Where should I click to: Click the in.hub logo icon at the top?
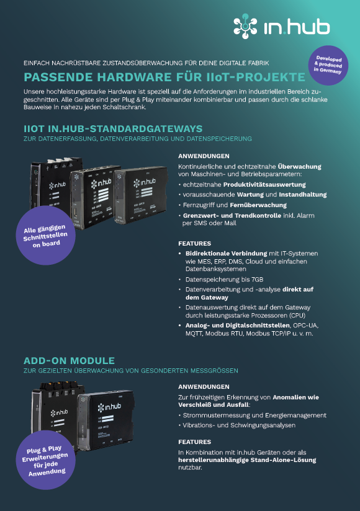coord(245,26)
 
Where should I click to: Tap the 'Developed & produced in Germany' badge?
coord(328,65)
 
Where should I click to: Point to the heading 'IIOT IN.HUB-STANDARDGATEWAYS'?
coord(113,129)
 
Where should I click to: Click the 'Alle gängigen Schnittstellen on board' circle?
coord(46,235)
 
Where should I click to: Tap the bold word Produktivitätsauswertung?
coord(264,185)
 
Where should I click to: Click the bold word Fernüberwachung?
coord(258,205)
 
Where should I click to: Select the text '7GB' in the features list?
coord(258,280)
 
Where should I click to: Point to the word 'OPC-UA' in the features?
coord(305,326)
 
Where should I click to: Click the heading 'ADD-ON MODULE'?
coord(69,361)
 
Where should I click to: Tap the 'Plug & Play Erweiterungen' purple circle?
coord(46,460)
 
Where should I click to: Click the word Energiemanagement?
coord(296,415)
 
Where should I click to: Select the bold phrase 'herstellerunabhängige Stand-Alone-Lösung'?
coord(247,460)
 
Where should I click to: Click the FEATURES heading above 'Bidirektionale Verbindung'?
coord(195,244)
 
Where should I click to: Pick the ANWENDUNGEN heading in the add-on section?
coord(204,387)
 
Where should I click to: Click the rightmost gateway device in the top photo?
coord(141,195)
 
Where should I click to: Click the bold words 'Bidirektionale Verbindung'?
coord(227,254)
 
